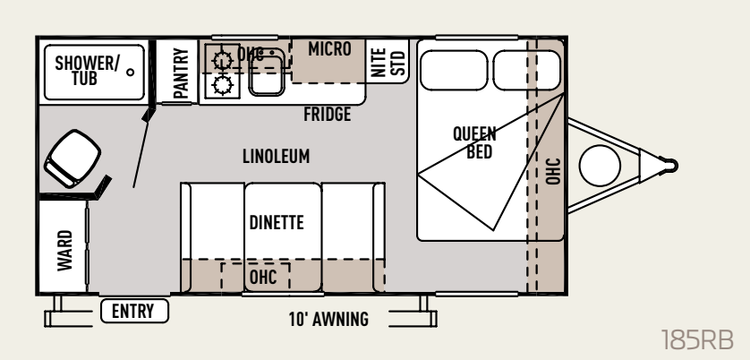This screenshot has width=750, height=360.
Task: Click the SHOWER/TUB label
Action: pyautogui.click(x=87, y=71)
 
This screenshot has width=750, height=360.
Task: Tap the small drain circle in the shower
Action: pyautogui.click(x=130, y=73)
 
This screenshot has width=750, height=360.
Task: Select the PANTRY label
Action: pyautogui.click(x=181, y=73)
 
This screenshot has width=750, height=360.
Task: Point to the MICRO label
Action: pyautogui.click(x=329, y=49)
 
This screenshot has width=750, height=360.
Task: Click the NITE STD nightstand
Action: pyautogui.click(x=388, y=62)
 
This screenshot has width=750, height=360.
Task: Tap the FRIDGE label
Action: pyautogui.click(x=328, y=115)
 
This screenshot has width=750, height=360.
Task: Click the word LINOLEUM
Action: pyautogui.click(x=276, y=157)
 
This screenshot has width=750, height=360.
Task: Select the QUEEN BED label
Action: pyautogui.click(x=474, y=142)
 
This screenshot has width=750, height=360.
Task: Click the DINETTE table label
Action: pyautogui.click(x=277, y=223)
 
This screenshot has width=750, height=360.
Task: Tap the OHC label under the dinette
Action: pyautogui.click(x=263, y=278)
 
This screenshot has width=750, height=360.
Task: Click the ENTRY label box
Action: pyautogui.click(x=134, y=311)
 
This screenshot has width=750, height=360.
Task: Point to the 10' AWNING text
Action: pyautogui.click(x=328, y=320)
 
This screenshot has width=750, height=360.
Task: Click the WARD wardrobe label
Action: pyautogui.click(x=65, y=251)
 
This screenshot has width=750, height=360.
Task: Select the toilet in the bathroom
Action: pyautogui.click(x=72, y=158)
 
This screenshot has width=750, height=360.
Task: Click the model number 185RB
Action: pyautogui.click(x=697, y=340)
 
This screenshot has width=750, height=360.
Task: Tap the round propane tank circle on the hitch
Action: pyautogui.click(x=600, y=166)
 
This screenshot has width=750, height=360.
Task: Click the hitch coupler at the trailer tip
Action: pyautogui.click(x=669, y=165)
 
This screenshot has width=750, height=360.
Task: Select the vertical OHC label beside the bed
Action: pyautogui.click(x=553, y=171)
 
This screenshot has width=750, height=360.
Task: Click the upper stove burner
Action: pyautogui.click(x=223, y=60)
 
